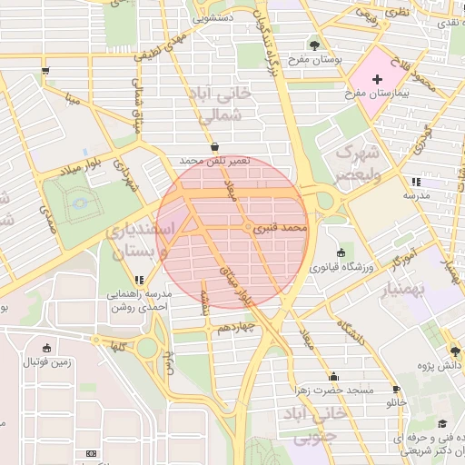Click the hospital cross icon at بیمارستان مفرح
click(x=377, y=81)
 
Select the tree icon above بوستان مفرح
click(x=314, y=45)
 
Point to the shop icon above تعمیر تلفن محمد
click(x=214, y=146)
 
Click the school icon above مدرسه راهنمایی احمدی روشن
click(x=139, y=281)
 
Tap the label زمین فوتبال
click(x=47, y=361)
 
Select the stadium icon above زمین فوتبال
click(x=47, y=347)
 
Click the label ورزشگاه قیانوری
click(x=341, y=268)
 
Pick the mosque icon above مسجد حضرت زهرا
click(x=333, y=376)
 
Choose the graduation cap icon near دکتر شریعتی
click(x=442, y=424)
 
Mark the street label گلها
click(x=115, y=346)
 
